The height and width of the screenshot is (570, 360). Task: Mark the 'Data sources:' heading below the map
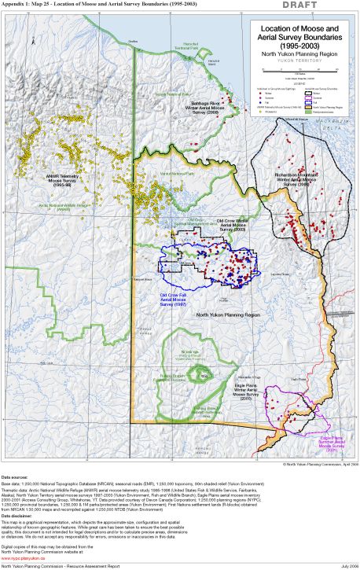13,477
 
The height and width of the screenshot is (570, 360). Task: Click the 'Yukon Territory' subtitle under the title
292,60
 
